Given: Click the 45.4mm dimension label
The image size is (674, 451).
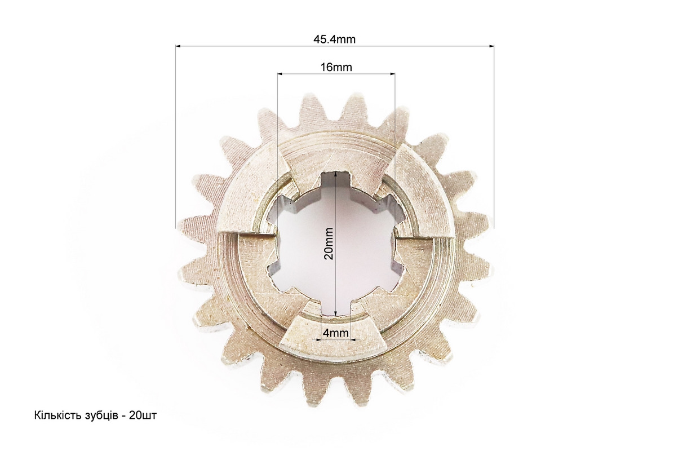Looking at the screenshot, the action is [334, 39].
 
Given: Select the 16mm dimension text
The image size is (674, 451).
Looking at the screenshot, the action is [336, 67].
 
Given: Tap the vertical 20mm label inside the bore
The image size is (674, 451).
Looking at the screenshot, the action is [329, 244].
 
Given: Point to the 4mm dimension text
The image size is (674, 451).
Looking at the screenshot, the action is [336, 333].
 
